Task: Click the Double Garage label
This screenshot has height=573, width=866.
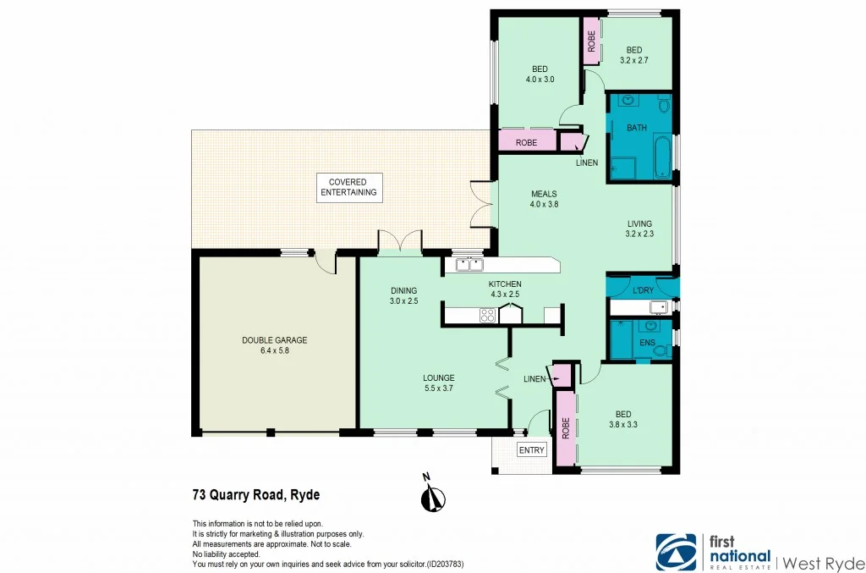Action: pos(274,346)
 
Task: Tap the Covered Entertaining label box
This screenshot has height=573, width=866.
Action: pos(348,188)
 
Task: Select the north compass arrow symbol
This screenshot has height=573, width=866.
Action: pos(432,498)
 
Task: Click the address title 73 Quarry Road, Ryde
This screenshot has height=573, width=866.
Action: pos(255,495)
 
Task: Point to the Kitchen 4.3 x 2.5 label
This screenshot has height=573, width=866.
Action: pos(504,289)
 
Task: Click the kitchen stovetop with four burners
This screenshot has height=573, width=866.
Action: pos(488,316)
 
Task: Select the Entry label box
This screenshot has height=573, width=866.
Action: pos(532,450)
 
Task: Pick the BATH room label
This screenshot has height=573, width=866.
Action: pos(637,129)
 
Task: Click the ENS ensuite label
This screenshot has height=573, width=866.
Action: pos(647,343)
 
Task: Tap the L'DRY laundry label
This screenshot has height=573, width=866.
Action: pos(643,291)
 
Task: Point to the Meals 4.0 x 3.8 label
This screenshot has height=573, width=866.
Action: pos(544,199)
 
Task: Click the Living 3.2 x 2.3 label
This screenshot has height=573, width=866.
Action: pos(639,229)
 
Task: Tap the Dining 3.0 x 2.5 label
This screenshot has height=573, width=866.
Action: pos(403,295)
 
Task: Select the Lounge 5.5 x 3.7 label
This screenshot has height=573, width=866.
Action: pos(439,383)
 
